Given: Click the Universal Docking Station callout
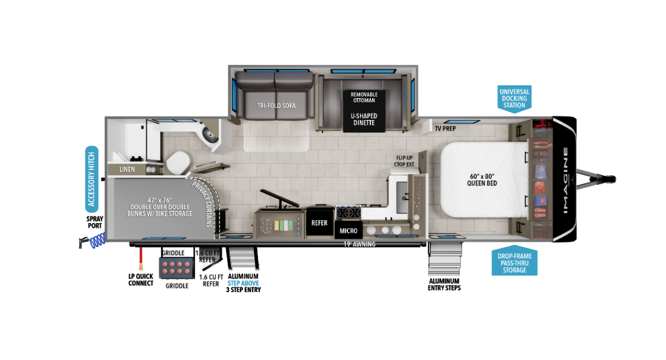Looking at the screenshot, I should coord(514,98).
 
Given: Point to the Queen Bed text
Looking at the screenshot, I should coord(482,179).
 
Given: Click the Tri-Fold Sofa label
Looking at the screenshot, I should coord(276,105).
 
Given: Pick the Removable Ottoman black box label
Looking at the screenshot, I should coord(364,98).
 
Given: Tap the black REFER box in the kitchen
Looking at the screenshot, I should coord(319,223).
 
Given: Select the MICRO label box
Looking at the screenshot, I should coord(348,230).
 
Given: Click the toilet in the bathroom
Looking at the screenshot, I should coord(178,161).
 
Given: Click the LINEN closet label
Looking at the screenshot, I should coord(127,169).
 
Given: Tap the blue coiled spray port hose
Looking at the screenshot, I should coord(96,242).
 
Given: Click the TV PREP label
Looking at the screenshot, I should coord(445,128).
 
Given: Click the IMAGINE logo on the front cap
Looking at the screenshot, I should coord(564,180).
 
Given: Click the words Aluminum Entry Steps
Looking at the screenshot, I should coord(444,284).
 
